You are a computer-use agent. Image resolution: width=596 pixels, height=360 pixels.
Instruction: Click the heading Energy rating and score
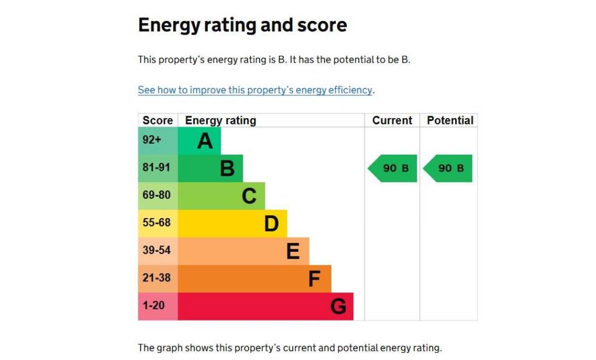(242, 26)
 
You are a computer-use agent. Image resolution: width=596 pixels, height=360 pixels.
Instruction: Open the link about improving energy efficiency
(255, 90)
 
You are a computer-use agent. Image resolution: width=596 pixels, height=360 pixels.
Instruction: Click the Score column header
(158, 120)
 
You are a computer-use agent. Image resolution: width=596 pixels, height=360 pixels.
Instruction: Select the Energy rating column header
(221, 120)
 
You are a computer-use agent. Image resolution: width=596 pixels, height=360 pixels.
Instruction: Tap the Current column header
(392, 120)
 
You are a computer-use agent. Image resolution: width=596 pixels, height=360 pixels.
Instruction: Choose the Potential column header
(450, 120)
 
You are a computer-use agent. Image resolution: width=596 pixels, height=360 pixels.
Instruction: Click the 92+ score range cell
(152, 140)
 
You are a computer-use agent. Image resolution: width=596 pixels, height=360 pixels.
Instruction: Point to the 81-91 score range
(157, 167)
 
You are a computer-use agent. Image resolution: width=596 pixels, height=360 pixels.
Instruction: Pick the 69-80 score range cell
(157, 195)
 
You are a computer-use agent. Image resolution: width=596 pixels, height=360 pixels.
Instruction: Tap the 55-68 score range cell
(157, 223)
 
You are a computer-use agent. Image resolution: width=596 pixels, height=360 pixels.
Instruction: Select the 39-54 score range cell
(157, 251)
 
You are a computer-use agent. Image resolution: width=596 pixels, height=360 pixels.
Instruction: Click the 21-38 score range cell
(157, 278)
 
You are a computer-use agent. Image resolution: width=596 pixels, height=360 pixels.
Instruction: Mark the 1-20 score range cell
(154, 305)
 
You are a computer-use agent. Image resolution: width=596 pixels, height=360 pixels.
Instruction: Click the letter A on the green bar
(205, 141)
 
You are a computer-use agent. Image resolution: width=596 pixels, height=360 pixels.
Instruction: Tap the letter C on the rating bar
(249, 196)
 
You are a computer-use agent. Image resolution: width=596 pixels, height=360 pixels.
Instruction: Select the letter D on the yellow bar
(271, 223)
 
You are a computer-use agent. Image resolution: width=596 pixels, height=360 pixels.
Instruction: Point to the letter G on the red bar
(338, 306)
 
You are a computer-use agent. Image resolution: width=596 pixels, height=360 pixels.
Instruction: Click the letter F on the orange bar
(314, 279)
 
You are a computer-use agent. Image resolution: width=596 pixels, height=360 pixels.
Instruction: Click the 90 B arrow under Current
(393, 169)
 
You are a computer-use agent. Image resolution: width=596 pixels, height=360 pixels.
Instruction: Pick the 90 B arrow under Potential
(449, 169)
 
